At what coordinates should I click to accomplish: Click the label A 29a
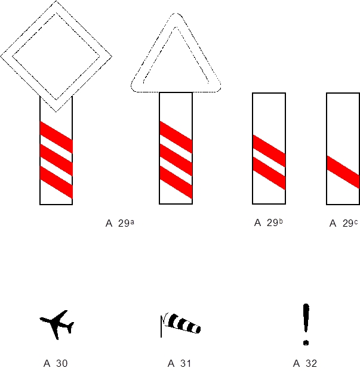pos(120,223)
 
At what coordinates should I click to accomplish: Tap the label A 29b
pos(268,222)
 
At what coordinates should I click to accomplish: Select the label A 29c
pos(343,223)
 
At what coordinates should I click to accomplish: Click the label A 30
pos(56,363)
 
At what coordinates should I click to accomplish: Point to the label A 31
pos(179,363)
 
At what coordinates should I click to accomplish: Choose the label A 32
pos(305,363)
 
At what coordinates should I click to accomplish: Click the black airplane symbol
pos(57,324)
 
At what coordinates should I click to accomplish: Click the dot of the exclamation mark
pos(306,342)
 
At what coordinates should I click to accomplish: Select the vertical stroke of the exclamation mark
pos(306,319)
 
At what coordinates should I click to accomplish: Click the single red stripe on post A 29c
pos(343,172)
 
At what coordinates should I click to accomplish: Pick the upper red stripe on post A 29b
pos(269,151)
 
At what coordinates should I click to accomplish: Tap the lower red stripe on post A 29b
pos(269,173)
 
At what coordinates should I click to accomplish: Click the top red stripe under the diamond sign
pos(56,137)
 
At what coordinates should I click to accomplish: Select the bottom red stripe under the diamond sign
pos(56,183)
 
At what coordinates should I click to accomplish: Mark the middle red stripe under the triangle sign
pos(176,160)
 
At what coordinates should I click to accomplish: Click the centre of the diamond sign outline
pos(56,7)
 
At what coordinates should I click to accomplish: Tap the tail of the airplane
pos(70,326)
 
